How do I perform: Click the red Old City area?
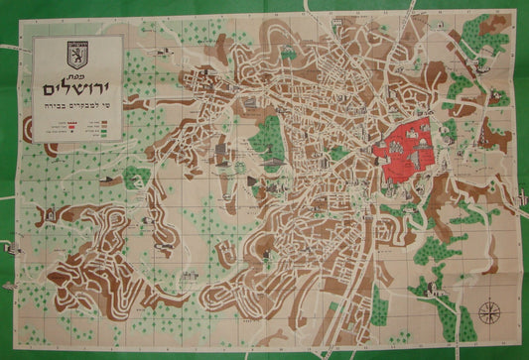point(405,149)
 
